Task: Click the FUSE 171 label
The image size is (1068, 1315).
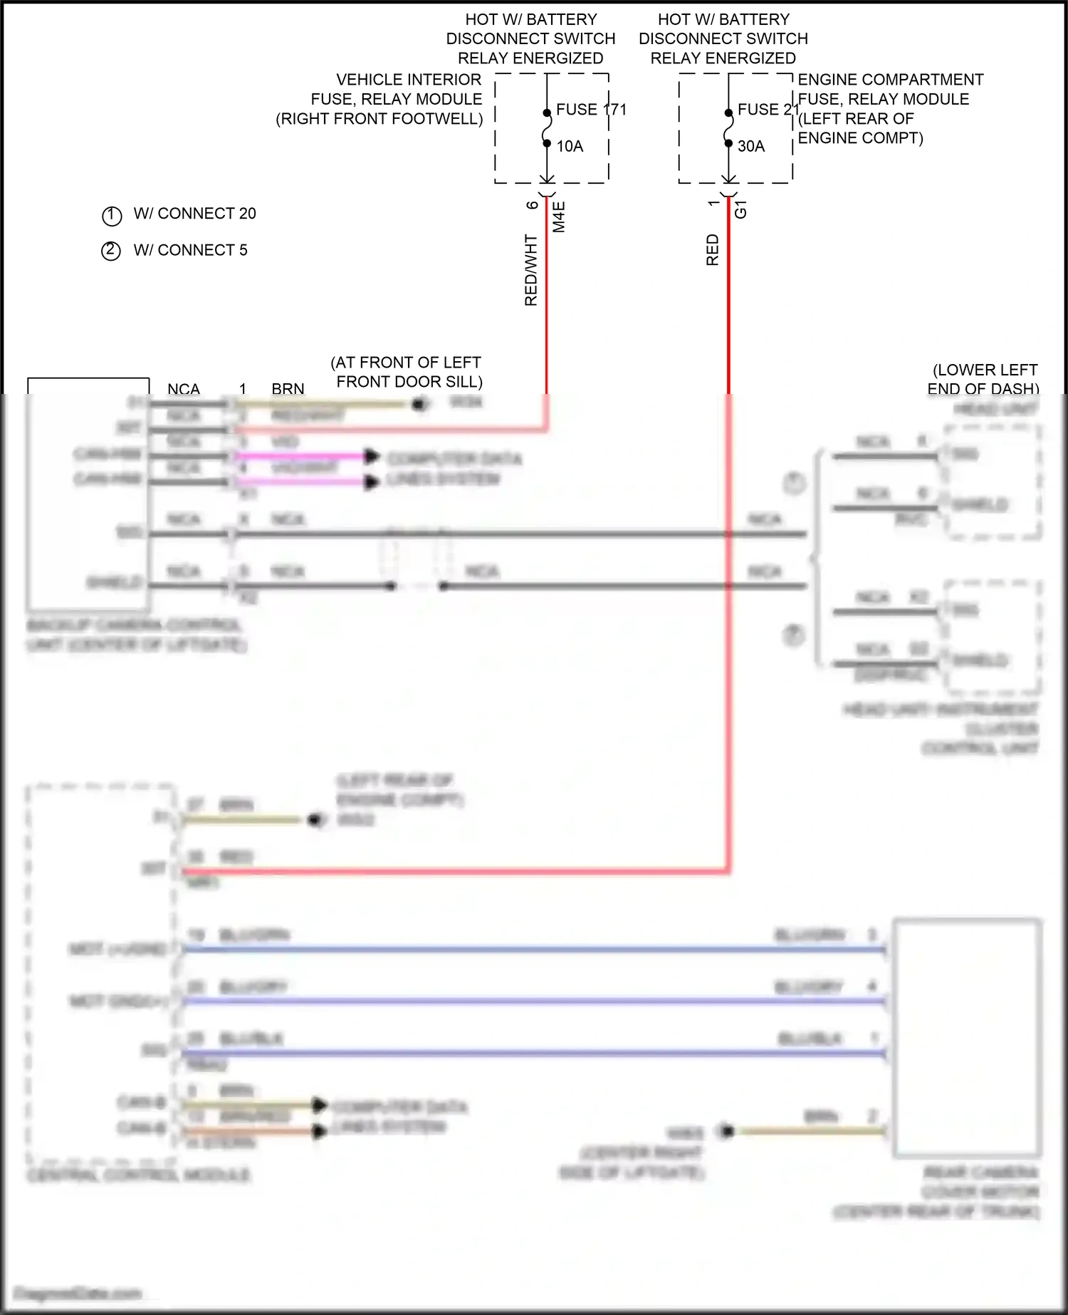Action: coord(590,110)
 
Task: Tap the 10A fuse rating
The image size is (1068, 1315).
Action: coord(570,146)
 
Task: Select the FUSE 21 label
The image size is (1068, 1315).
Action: coord(768,110)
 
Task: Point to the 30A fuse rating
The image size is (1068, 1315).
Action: coord(751,146)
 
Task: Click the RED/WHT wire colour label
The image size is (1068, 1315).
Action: coord(531,271)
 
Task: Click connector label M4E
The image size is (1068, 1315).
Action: coord(560,217)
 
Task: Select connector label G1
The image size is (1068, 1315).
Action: coord(741,209)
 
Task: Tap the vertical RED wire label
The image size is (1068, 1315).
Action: coord(713,250)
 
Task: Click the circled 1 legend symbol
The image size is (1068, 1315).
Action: coord(112,215)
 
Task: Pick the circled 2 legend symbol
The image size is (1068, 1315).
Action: coord(111,251)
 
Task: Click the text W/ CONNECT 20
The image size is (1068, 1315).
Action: coord(194,214)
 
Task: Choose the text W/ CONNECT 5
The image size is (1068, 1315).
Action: coord(190,250)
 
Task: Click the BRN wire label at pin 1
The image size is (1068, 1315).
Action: coord(288,389)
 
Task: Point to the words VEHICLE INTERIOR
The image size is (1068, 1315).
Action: coord(409,80)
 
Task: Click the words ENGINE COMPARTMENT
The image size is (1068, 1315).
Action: coord(890,80)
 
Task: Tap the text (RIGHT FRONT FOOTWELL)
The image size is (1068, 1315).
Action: coord(379,119)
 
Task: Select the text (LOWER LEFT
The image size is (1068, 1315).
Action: coord(985,370)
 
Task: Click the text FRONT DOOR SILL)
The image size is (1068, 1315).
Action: coord(409,382)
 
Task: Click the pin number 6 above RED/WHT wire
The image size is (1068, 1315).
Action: coord(533,205)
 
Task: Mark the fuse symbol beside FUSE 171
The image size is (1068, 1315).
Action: coord(547,128)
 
